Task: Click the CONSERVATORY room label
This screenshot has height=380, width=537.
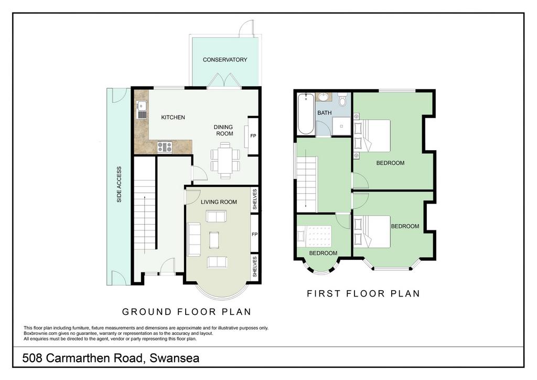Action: tap(225, 60)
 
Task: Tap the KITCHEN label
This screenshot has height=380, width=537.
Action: tap(173, 117)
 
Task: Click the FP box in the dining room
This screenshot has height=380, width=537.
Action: tap(253, 135)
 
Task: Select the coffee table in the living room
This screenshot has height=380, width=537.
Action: tap(214, 239)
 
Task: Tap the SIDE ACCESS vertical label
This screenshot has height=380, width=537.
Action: tap(119, 185)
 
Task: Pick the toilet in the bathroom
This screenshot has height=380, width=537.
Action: tap(342, 98)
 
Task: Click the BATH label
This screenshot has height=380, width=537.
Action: tap(324, 113)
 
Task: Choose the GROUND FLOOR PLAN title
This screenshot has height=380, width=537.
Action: tap(186, 312)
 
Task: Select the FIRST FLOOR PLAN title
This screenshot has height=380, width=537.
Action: tap(363, 293)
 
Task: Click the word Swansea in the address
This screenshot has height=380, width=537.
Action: tap(175, 359)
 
